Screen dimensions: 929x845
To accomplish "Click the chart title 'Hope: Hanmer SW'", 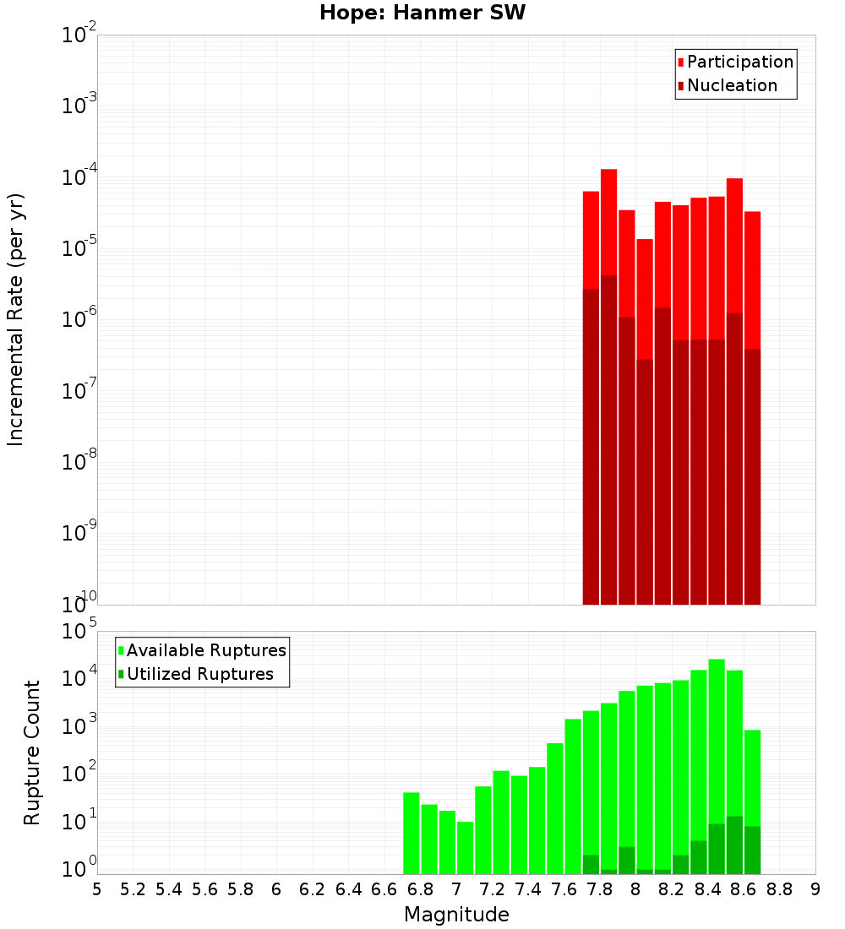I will pyautogui.click(x=422, y=14).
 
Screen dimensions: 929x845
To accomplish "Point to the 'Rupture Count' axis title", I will pyautogui.click(x=32, y=752).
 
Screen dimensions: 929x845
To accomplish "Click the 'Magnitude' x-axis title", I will pyautogui.click(x=456, y=915).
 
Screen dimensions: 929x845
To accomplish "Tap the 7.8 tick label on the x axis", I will pyautogui.click(x=600, y=889).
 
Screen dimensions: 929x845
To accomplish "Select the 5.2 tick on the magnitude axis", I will pyautogui.click(x=134, y=889).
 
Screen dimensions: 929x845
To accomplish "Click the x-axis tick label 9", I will pyautogui.click(x=815, y=889).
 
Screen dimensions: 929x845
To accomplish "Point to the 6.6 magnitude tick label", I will pyautogui.click(x=384, y=889).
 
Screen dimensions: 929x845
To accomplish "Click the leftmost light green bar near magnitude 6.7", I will pyautogui.click(x=412, y=832).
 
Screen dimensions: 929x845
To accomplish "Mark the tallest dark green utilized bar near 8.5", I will pyautogui.click(x=734, y=845).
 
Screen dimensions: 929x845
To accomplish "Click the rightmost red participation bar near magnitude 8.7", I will pyautogui.click(x=752, y=279).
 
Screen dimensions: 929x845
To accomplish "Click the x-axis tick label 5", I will pyautogui.click(x=97, y=889).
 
